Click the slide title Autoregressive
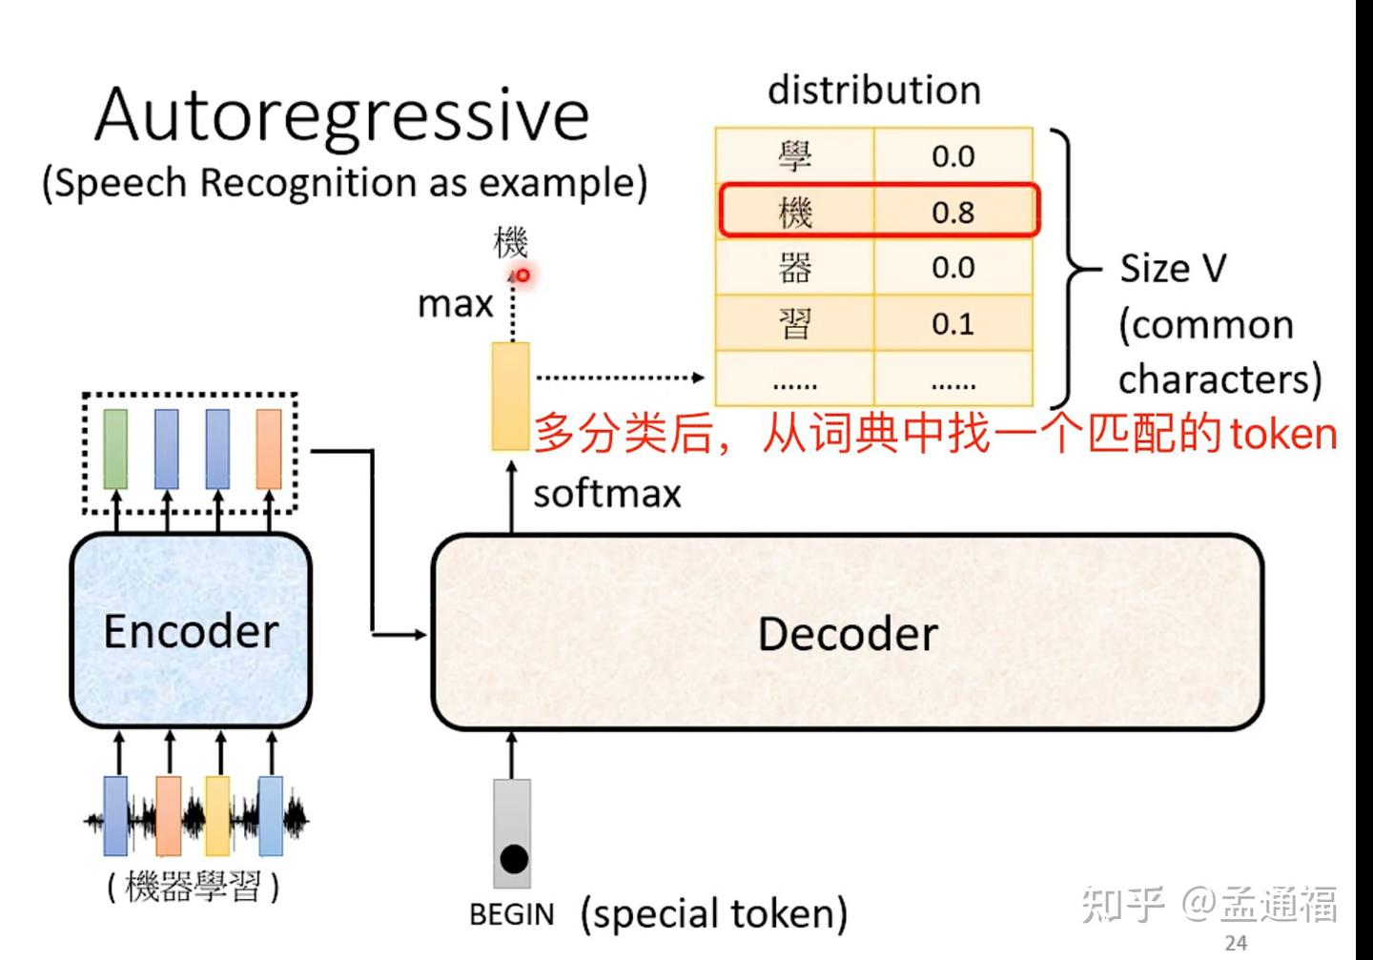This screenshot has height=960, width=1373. point(341,115)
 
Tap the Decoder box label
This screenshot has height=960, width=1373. point(847,634)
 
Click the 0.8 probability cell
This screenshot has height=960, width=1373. point(953,212)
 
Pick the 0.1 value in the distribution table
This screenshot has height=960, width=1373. point(953,324)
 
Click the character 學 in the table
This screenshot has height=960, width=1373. point(794,155)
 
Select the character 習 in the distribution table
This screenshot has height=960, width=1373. point(794,324)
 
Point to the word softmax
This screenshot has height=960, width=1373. point(607,494)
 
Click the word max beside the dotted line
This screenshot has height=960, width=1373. point(455,304)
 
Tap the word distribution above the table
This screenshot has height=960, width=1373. point(873,91)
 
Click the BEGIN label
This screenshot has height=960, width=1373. point(511,914)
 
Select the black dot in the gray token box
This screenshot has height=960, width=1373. point(513,859)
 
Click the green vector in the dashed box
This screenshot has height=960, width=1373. point(115,448)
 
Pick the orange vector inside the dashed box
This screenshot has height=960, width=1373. point(269,448)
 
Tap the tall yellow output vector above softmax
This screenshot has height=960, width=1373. point(511,396)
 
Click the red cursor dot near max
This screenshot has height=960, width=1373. point(523,276)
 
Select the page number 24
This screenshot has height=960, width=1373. point(1236,943)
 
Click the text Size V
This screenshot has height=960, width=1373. point(1172,269)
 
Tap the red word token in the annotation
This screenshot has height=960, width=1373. point(1283,434)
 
